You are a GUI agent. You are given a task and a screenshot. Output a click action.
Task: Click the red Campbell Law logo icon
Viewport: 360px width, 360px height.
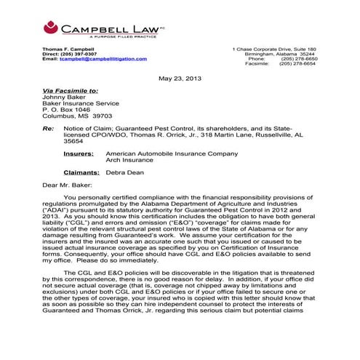pyautogui.click(x=51, y=28)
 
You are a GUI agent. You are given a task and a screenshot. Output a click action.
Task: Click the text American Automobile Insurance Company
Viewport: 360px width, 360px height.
pyautogui.click(x=172, y=154)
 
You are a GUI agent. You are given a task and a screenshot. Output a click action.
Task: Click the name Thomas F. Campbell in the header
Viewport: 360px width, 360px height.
pyautogui.click(x=70, y=49)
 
